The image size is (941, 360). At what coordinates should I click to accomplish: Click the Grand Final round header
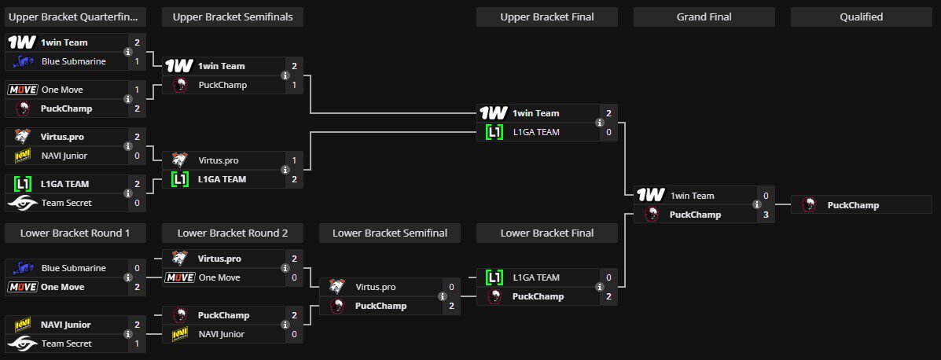tap(704, 17)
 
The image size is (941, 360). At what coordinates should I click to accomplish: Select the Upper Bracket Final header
tap(546, 17)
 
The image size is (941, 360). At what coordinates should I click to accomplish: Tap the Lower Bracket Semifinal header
tap(389, 233)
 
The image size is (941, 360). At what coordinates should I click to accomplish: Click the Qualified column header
tap(861, 17)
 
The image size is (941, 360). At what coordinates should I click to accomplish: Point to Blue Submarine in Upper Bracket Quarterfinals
tap(73, 61)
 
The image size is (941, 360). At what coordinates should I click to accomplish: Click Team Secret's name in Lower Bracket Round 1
tap(67, 343)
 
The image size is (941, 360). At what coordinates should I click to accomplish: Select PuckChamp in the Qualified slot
tap(853, 205)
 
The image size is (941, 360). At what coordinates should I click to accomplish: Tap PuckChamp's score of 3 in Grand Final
tap(766, 215)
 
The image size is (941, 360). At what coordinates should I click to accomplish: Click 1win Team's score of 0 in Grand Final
tap(766, 196)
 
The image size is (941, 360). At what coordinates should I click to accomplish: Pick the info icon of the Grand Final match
tap(756, 204)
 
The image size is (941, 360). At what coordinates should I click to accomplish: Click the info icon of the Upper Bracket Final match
tap(599, 123)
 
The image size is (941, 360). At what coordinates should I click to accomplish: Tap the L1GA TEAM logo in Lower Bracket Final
tap(494, 277)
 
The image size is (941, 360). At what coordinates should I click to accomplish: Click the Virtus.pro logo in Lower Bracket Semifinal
tap(337, 287)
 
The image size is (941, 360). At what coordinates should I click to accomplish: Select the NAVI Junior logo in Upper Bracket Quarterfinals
tap(23, 156)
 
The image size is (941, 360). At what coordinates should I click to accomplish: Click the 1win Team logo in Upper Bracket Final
tap(494, 113)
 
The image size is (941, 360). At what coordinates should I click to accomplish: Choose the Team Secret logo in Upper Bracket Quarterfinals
tap(23, 203)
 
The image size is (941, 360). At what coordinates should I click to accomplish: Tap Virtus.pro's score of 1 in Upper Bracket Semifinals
tap(294, 160)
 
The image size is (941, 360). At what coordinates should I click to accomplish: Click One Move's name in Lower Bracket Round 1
tap(62, 287)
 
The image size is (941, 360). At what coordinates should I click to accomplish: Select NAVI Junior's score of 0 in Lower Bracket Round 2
tap(294, 334)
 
